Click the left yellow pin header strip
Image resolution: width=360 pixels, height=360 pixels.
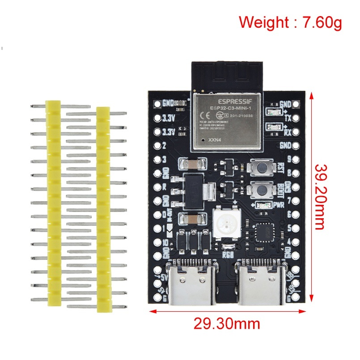coord(52,204)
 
